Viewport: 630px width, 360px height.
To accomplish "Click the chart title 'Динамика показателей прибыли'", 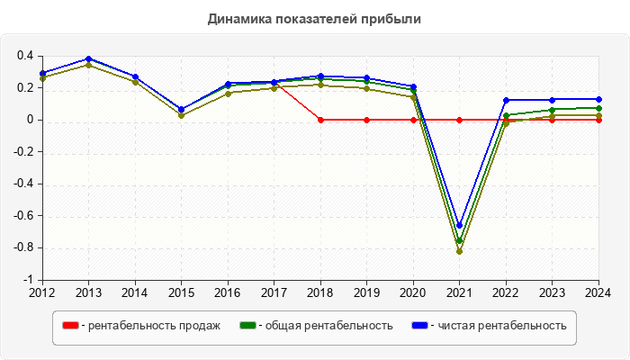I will pos(314,18).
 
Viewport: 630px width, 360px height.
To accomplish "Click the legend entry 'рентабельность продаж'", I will pos(150,326).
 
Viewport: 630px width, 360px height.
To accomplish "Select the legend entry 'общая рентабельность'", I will pos(325,326).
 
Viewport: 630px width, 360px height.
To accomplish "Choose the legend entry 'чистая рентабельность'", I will pos(501,326).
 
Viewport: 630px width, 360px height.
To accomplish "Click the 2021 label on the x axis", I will pos(459,292).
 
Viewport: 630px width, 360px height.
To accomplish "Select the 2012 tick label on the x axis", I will pos(42,292).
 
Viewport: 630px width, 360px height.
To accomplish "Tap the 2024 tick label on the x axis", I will pos(598,292).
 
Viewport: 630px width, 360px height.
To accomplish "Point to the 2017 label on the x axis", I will pos(274,292).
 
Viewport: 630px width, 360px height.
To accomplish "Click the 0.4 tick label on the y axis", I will pos(25,56).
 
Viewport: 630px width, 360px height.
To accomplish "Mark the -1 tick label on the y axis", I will pos(29,280).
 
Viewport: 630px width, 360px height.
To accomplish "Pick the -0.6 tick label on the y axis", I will pos(23,216).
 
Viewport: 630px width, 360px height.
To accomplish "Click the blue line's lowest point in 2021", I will pos(459,226).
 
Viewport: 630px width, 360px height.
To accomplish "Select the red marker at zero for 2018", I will pos(320,120).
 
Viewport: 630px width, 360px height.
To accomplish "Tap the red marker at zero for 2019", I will pos(366,120).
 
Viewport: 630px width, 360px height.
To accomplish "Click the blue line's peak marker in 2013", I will pos(88,58).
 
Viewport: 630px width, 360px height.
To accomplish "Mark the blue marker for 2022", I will pos(506,100).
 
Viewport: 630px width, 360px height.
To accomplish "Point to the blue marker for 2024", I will pos(598,99).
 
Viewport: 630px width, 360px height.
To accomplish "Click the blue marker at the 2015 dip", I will pos(181,109).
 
